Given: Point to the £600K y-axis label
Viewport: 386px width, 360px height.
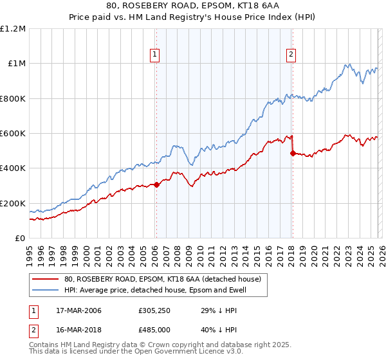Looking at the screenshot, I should (x=13, y=134).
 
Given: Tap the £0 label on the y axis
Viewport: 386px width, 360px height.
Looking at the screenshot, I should (x=19, y=239).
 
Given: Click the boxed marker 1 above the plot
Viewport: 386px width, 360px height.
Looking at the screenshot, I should (x=156, y=55).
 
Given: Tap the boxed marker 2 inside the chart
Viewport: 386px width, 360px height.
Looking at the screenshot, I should (x=291, y=55).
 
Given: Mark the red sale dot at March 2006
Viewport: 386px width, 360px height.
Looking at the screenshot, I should (x=156, y=185).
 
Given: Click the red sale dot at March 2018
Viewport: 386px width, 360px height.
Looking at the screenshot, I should (x=293, y=154).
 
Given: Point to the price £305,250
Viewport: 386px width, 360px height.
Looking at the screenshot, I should (x=154, y=310).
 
